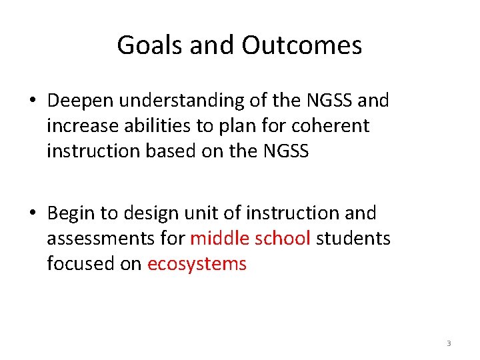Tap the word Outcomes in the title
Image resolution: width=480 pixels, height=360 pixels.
[302, 45]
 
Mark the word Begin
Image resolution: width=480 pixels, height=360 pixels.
[71, 214]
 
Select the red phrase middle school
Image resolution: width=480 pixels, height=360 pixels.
[251, 239]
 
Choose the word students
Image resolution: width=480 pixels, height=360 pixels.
[353, 239]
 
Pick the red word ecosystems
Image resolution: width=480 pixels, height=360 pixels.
[197, 264]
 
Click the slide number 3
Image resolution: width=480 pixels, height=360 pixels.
[449, 343]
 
